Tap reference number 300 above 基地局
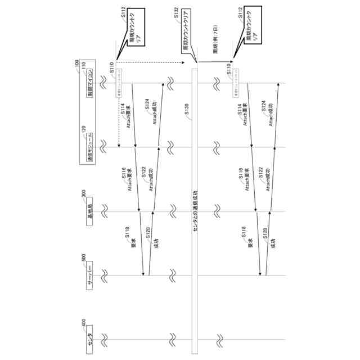(84, 195)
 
